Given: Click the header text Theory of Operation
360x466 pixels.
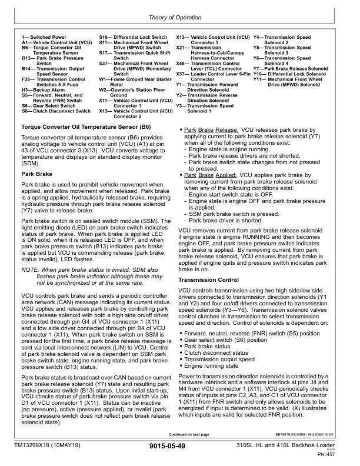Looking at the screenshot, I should click(180, 18).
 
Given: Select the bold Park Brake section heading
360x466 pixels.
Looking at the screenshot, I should click(36, 174).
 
